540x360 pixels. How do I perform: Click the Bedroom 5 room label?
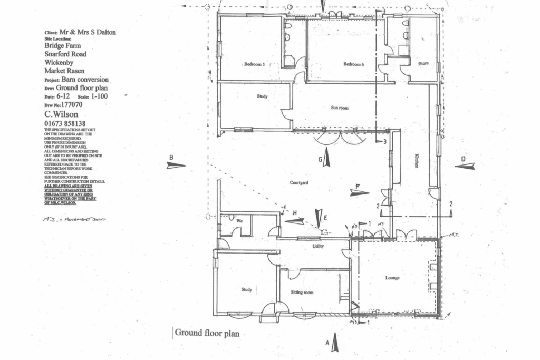[x=254, y=64]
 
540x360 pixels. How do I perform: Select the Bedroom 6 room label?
[x=354, y=64]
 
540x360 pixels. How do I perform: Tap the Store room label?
[x=423, y=64]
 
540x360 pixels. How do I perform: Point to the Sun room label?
[x=340, y=108]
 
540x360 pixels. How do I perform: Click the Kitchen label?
[x=416, y=160]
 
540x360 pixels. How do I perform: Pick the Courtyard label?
[x=298, y=183]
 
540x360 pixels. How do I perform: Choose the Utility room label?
[x=318, y=246]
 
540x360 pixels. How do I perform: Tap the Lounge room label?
[x=392, y=278]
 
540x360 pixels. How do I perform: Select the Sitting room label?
[x=302, y=292]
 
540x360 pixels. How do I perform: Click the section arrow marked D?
[x=465, y=166]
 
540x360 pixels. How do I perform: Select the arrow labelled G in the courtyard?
[x=326, y=157]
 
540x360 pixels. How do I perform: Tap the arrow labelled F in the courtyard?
[x=359, y=192]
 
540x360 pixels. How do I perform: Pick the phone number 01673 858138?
[x=65, y=123]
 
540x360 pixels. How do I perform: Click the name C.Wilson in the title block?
[x=61, y=114]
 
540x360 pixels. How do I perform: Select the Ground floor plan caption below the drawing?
[x=207, y=333]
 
